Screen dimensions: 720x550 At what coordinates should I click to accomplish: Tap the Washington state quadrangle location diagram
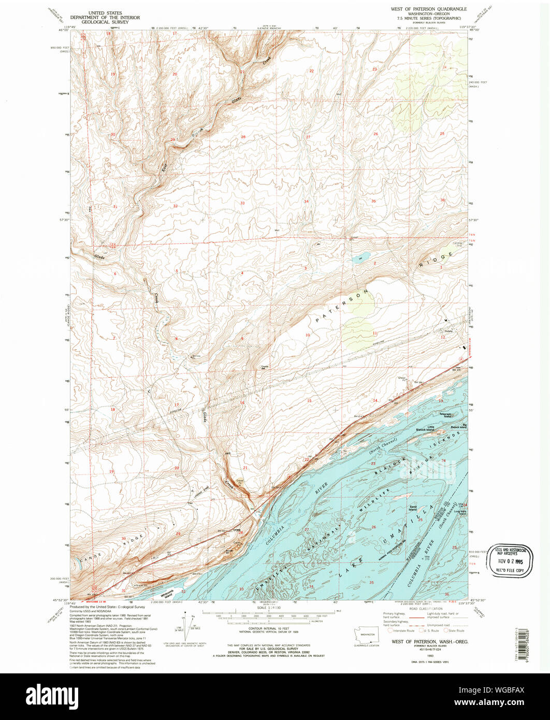tap(367, 635)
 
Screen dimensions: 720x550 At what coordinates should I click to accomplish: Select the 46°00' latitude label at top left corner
tap(63, 30)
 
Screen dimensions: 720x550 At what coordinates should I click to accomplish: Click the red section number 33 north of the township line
tap(242, 203)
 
